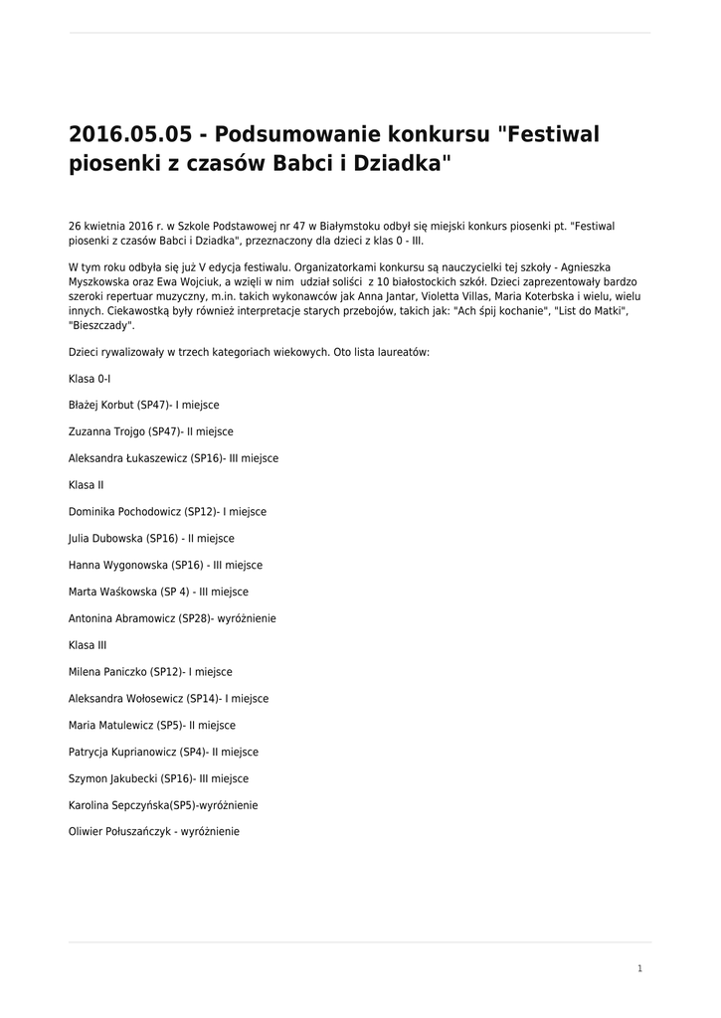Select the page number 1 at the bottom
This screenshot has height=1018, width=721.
tap(639, 968)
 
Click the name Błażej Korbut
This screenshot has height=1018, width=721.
tap(101, 406)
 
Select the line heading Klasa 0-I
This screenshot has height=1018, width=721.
tap(90, 379)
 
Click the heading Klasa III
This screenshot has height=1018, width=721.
tap(88, 645)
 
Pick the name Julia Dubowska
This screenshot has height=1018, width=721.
tap(106, 539)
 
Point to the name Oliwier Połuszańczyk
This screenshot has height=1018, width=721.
tap(118, 832)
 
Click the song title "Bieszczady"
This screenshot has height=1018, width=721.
tap(100, 325)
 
